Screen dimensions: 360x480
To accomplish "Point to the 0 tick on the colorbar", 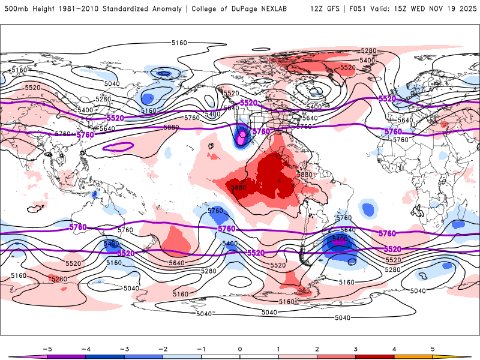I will click(239, 349).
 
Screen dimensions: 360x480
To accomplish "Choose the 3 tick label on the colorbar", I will click(355, 349).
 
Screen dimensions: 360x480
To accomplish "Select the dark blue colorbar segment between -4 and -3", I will click(104, 356).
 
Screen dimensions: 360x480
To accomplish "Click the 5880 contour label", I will click(171, 128).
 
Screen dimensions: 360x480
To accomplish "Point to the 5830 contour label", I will click(239, 187).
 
